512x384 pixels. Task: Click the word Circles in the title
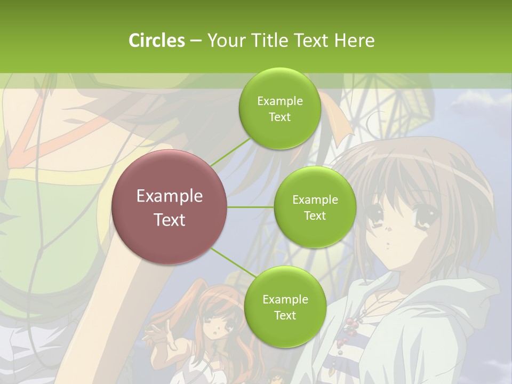tap(156, 41)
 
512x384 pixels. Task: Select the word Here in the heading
tap(355, 41)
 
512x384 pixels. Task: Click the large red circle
tap(170, 207)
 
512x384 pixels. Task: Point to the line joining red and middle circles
tap(251, 207)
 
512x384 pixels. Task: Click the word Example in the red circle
tap(170, 196)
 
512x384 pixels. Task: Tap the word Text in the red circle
tap(170, 220)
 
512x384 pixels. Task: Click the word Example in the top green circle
tap(279, 101)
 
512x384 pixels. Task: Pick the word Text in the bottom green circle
tap(285, 315)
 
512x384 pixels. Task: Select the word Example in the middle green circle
tap(315, 199)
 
